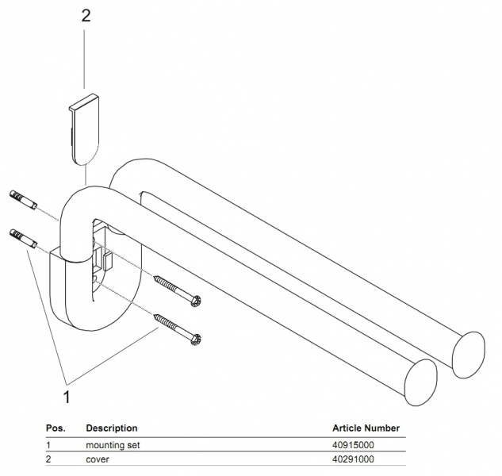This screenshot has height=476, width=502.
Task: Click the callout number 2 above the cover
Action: [86, 17]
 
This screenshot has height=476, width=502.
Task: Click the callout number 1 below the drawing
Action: [67, 393]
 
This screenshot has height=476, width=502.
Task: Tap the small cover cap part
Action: [84, 126]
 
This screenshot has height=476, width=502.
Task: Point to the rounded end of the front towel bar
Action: [421, 378]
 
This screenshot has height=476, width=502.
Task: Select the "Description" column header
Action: [111, 428]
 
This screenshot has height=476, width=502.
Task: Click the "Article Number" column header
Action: [366, 428]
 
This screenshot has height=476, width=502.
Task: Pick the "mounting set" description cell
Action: [113, 445]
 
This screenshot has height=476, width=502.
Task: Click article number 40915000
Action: [353, 445]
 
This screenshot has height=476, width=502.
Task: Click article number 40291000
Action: [353, 459]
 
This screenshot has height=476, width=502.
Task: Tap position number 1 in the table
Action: [48, 445]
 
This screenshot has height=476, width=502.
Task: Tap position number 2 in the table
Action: [48, 459]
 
